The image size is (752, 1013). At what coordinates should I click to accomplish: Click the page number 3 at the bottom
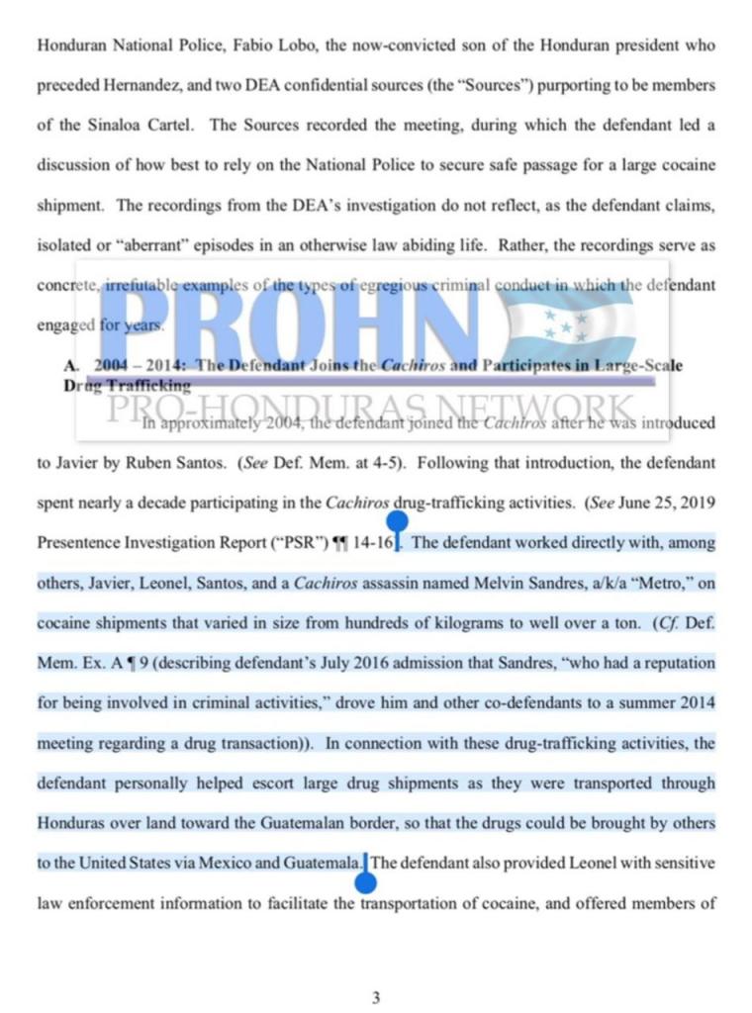376,997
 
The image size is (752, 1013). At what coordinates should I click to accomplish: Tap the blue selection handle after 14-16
397,521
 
